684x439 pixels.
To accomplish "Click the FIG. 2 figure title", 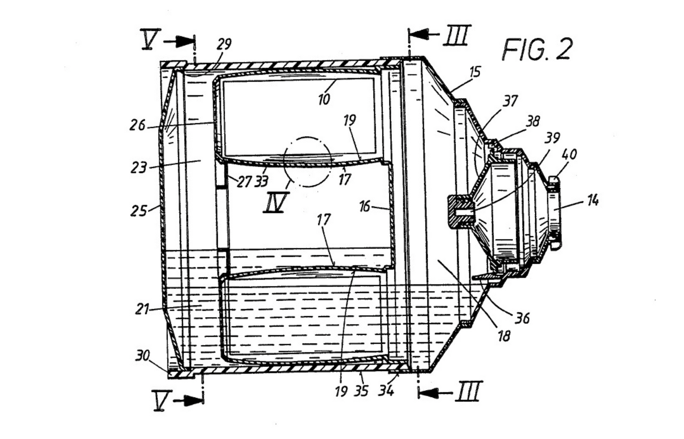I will click(537, 49).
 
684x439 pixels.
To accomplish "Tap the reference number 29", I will click(224, 44).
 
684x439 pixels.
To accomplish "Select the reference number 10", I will click(324, 99).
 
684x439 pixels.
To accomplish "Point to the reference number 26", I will click(138, 124).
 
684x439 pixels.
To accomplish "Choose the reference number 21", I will click(142, 309).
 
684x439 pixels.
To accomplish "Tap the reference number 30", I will click(143, 355).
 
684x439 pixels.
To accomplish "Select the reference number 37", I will click(510, 101).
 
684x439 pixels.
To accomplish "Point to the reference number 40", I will click(569, 154).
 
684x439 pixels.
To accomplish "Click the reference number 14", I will click(592, 201).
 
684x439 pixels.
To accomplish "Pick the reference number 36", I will click(522, 318).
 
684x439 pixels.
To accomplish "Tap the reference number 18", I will click(504, 336).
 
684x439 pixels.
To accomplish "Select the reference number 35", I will click(361, 391).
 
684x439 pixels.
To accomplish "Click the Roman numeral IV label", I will click(275, 203).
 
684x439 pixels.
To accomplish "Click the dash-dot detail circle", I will click(307, 161).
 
